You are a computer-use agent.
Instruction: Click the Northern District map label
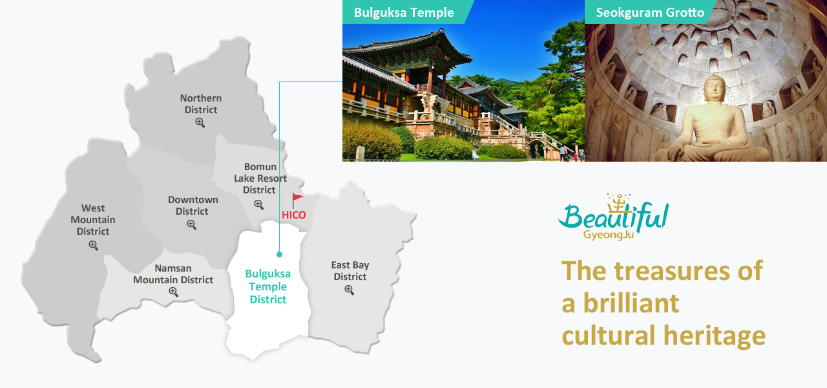point(201,104)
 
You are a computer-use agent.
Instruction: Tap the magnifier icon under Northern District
point(200,122)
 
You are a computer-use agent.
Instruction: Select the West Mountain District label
point(93,219)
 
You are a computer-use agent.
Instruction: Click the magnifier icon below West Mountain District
point(94,245)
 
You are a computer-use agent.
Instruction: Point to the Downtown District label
point(193,206)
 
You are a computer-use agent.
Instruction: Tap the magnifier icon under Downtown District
point(191,224)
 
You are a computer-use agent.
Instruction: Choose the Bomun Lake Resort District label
point(260,178)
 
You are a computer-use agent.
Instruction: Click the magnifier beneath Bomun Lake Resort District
point(258,204)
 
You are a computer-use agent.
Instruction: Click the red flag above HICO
point(297,200)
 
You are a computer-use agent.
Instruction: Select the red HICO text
point(294,215)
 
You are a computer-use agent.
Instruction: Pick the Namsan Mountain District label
point(173,274)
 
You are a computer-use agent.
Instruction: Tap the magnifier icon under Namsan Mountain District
point(173,292)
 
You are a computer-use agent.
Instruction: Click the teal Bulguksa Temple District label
point(268,286)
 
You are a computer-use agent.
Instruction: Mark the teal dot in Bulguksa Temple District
point(280,254)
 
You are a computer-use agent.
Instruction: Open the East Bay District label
point(350,271)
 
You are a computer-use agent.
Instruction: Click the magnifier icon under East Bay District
point(349,290)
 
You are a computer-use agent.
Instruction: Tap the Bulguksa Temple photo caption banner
point(406,12)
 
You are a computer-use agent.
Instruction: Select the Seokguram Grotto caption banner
point(650,12)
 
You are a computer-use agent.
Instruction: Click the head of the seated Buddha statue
point(715,89)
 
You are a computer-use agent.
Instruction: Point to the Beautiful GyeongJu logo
point(613,217)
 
